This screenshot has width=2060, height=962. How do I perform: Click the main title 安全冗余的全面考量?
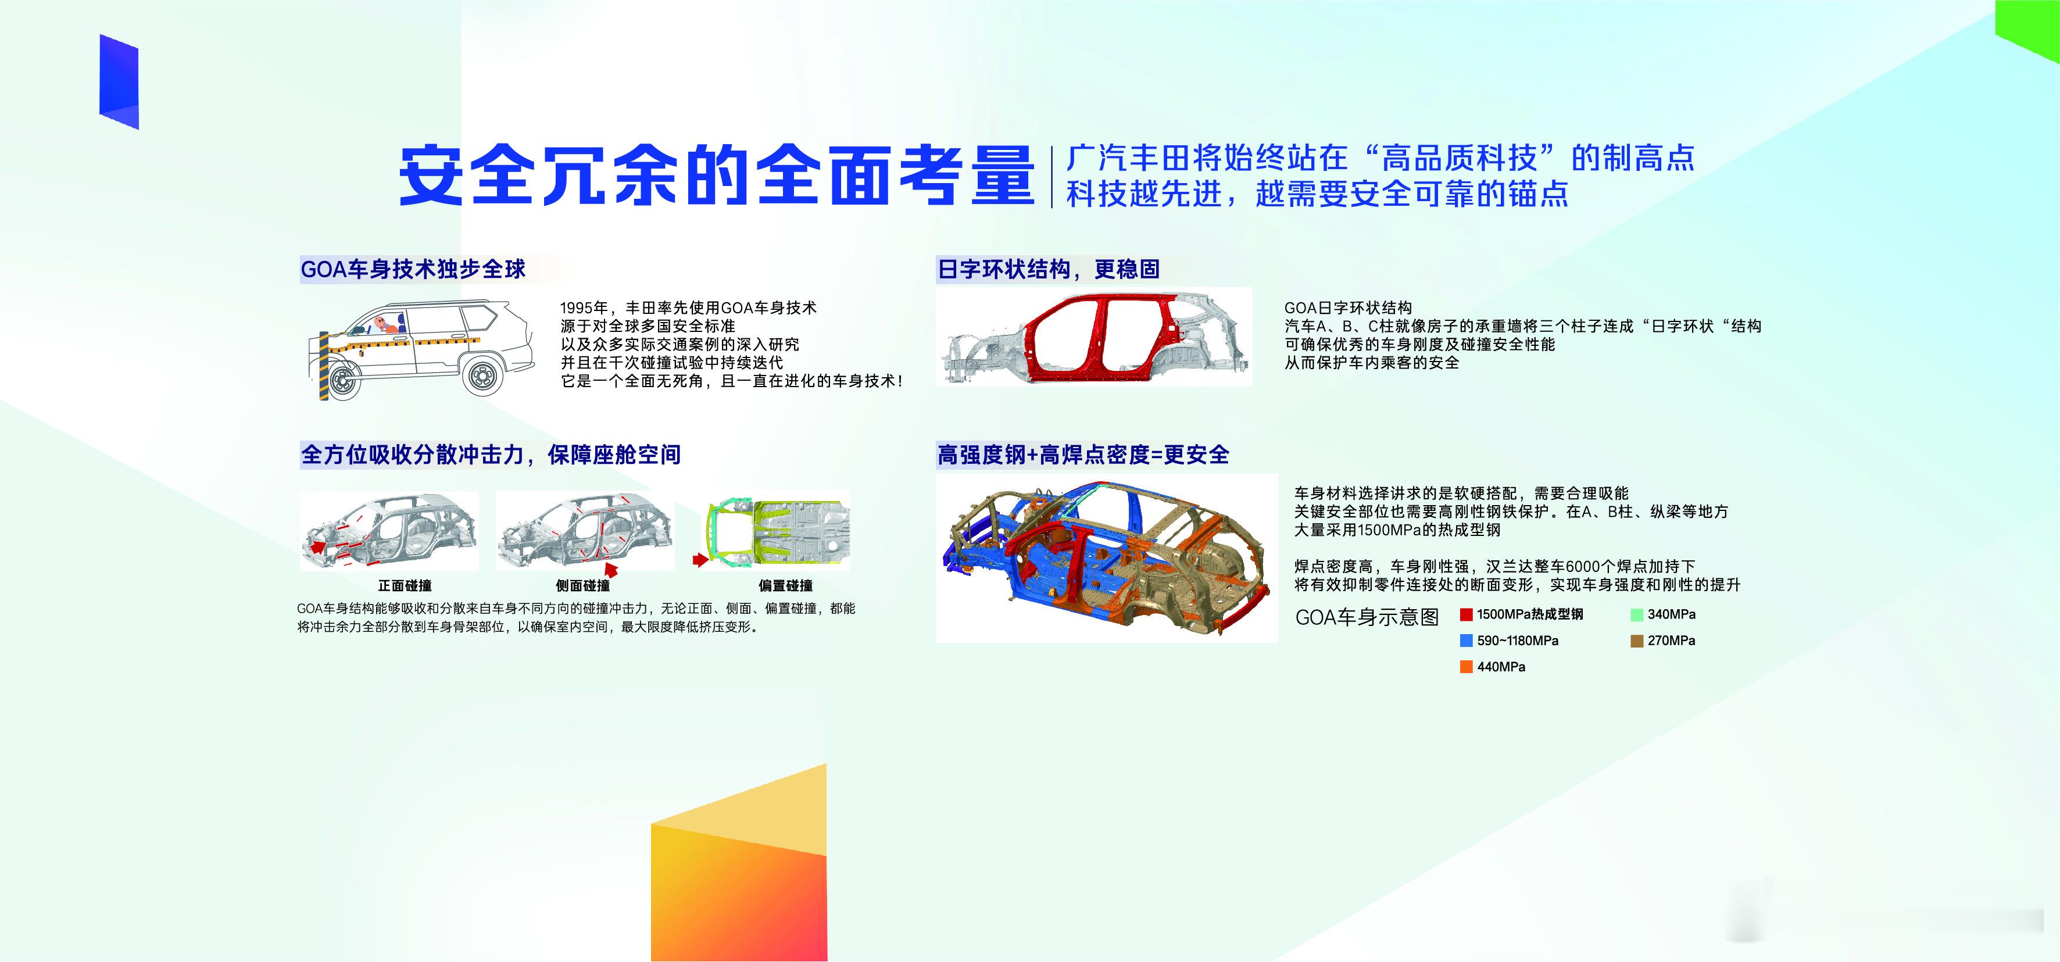coord(717,175)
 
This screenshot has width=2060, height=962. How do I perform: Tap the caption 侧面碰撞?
coord(583,586)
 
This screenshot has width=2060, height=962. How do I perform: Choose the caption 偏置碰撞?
coord(785,586)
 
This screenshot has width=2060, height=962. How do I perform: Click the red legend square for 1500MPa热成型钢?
coord(1466,614)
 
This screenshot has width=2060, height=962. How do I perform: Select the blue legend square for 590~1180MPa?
coord(1466,641)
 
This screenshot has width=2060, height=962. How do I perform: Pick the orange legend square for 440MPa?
coord(1466,667)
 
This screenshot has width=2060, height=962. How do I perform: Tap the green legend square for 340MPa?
coord(1637,614)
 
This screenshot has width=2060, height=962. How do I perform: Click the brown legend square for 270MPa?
coord(1637,641)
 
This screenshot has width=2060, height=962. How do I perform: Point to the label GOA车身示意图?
coord(1367,617)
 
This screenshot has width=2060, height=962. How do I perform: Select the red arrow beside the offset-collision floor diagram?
coord(700,560)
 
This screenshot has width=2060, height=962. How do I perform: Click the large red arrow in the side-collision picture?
coord(611,568)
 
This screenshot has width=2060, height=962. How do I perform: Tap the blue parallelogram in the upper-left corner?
coord(119,81)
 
